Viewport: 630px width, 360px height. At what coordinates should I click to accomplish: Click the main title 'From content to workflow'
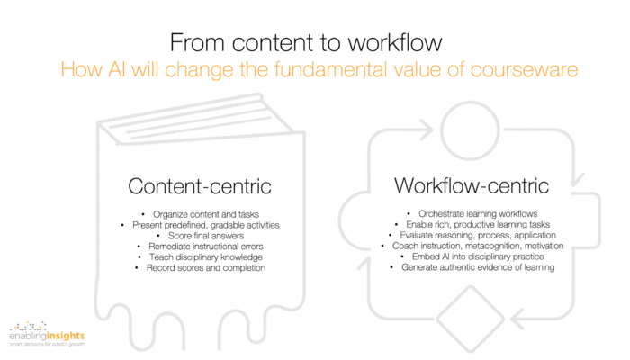click(x=306, y=42)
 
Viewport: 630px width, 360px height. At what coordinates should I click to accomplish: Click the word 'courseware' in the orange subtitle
click(x=524, y=69)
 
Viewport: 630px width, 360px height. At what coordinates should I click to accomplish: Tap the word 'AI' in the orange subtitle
click(x=116, y=69)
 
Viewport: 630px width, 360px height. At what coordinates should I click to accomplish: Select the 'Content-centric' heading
click(x=200, y=186)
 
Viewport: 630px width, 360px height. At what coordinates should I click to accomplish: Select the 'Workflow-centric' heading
click(x=472, y=185)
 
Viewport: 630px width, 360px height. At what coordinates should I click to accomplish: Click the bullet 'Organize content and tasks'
click(x=206, y=214)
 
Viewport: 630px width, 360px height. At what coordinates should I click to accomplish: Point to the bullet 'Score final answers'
click(x=206, y=236)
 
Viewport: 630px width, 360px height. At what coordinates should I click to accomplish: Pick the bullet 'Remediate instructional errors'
click(x=206, y=247)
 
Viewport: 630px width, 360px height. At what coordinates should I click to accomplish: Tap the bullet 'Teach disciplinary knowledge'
click(x=206, y=257)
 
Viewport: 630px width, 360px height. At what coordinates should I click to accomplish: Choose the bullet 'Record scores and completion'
click(x=206, y=267)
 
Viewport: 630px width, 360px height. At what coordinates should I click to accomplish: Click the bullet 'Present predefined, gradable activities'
click(x=206, y=225)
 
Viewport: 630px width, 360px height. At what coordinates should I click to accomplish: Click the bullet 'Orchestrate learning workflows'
click(x=478, y=214)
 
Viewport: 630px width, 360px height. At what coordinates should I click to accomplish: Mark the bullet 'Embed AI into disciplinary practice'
click(x=478, y=256)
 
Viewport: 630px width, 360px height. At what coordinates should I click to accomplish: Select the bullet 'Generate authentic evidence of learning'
click(x=478, y=267)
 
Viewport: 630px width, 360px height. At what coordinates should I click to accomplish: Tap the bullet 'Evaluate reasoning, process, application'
click(x=478, y=235)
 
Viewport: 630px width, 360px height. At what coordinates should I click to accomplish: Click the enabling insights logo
click(x=47, y=334)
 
